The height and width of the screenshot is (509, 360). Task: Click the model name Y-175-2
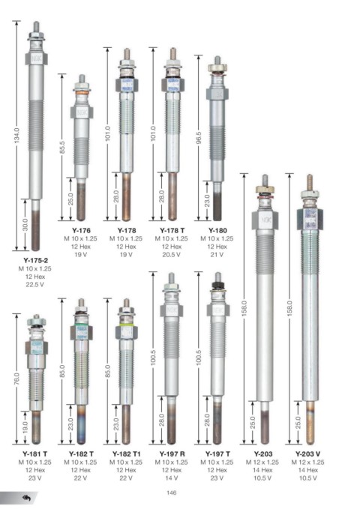pyautogui.click(x=35, y=260)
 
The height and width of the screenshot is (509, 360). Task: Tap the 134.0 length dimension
pyautogui.click(x=17, y=135)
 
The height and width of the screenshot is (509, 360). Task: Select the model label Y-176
pyautogui.click(x=81, y=230)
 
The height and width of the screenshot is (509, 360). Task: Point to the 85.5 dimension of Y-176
pyautogui.click(x=62, y=147)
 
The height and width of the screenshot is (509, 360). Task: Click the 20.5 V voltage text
pyautogui.click(x=172, y=255)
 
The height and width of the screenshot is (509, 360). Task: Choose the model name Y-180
pyautogui.click(x=217, y=230)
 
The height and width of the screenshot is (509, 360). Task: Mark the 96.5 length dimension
pyautogui.click(x=199, y=138)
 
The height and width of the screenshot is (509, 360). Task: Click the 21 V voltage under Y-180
pyautogui.click(x=217, y=255)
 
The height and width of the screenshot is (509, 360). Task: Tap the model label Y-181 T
pyautogui.click(x=35, y=454)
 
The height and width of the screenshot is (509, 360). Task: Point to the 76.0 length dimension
pyautogui.click(x=17, y=379)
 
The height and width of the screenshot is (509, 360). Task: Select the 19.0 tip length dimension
pyautogui.click(x=25, y=427)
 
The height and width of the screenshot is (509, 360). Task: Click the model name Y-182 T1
pyautogui.click(x=127, y=454)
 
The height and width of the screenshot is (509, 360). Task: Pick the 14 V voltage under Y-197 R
pyautogui.click(x=172, y=478)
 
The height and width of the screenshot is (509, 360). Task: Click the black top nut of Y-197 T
pyautogui.click(x=217, y=286)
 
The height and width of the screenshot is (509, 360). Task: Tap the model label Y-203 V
pyautogui.click(x=308, y=454)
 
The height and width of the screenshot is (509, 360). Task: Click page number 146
pyautogui.click(x=172, y=493)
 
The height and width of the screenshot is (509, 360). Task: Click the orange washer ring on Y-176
pyautogui.click(x=82, y=93)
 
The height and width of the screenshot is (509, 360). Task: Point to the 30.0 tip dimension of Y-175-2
pyautogui.click(x=25, y=225)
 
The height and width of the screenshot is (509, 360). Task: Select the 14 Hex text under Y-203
pyautogui.click(x=262, y=470)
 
